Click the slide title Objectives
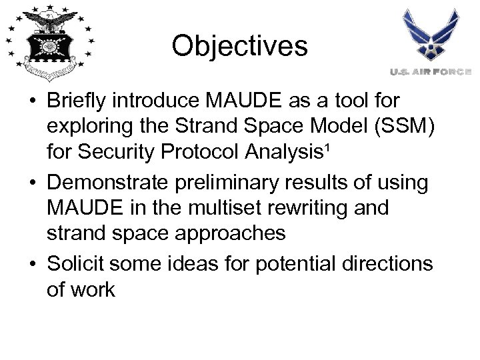239,46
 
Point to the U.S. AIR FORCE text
431,71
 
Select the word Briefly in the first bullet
74,101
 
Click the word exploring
89,126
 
